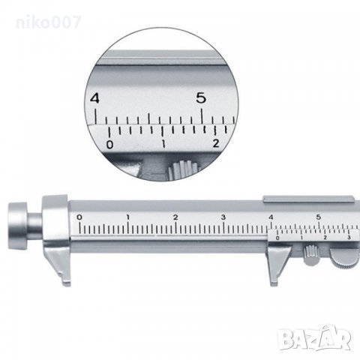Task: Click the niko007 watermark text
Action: click(x=49, y=22)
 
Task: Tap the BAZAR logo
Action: click(x=316, y=338)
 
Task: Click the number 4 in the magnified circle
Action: click(x=94, y=98)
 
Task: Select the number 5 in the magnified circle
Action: click(x=201, y=97)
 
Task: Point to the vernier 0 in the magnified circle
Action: click(x=109, y=145)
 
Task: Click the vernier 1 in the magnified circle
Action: click(x=163, y=144)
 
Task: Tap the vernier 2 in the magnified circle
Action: click(x=215, y=143)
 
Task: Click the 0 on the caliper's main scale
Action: click(x=79, y=217)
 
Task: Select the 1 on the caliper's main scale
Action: click(x=127, y=217)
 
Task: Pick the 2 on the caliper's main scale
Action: click(x=175, y=217)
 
